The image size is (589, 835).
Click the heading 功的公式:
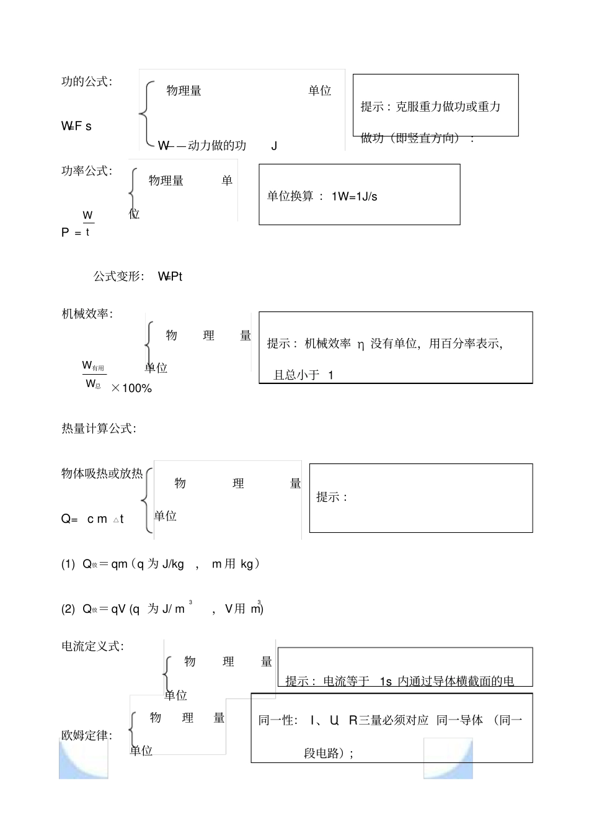coord(87,82)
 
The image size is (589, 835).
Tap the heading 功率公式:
coord(87,171)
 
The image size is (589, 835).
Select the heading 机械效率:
coord(87,314)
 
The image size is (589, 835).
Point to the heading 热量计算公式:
coord(99,429)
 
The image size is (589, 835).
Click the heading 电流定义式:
coord(92,646)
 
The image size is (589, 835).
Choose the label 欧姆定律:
coord(87,736)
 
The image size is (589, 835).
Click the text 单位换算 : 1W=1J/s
coord(322,197)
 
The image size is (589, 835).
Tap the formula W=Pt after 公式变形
coord(170,277)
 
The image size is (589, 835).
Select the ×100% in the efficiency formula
coord(131,388)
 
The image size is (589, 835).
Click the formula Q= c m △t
coord(92,519)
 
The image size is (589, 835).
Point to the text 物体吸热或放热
coord(102,474)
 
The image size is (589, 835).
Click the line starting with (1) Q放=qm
coord(160,564)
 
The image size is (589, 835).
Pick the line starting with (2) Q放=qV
coord(162,609)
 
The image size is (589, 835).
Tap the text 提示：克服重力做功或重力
coord(430,107)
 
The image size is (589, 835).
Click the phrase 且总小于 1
coord(303,375)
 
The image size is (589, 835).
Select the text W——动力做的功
coord(202,146)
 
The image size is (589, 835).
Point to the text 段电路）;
coord(329,753)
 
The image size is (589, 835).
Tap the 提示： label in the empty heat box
coord(332,497)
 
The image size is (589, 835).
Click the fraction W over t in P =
coord(88,223)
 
